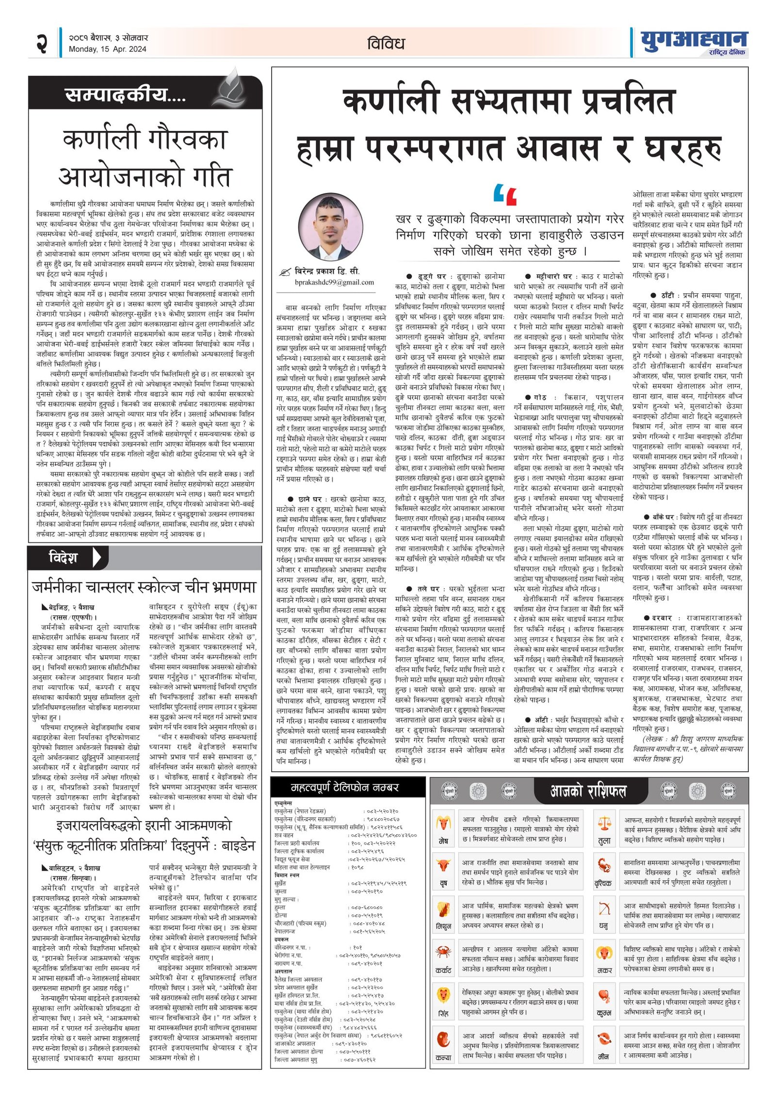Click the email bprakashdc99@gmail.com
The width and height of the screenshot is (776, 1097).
point(334,282)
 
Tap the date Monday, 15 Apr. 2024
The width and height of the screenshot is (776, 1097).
point(107,49)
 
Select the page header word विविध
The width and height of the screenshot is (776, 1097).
point(386,44)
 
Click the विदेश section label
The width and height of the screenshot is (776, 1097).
point(64,557)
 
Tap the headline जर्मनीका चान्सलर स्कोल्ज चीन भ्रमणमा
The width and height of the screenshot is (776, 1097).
point(144,587)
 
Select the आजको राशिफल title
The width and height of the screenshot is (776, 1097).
point(588,791)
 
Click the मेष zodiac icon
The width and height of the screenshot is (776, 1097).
point(443,823)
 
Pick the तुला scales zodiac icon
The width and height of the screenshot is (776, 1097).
point(604,823)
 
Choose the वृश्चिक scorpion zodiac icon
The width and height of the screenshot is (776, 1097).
point(604,865)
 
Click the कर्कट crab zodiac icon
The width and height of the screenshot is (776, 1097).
point(443,951)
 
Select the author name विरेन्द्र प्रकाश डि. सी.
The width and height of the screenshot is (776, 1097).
point(327,271)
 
